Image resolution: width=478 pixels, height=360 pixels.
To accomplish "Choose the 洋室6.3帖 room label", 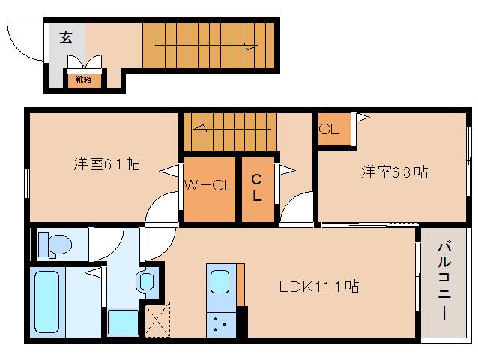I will [x=394, y=172].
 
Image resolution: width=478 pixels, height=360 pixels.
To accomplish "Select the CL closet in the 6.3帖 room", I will [x=329, y=129].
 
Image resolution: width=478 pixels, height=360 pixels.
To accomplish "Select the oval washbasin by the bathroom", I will [x=145, y=281].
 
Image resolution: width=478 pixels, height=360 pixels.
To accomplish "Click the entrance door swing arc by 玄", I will [x=28, y=43].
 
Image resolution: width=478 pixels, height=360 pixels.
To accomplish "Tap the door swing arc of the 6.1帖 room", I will [x=161, y=210].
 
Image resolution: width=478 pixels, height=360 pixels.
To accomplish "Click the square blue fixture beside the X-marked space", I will [x=121, y=322].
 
